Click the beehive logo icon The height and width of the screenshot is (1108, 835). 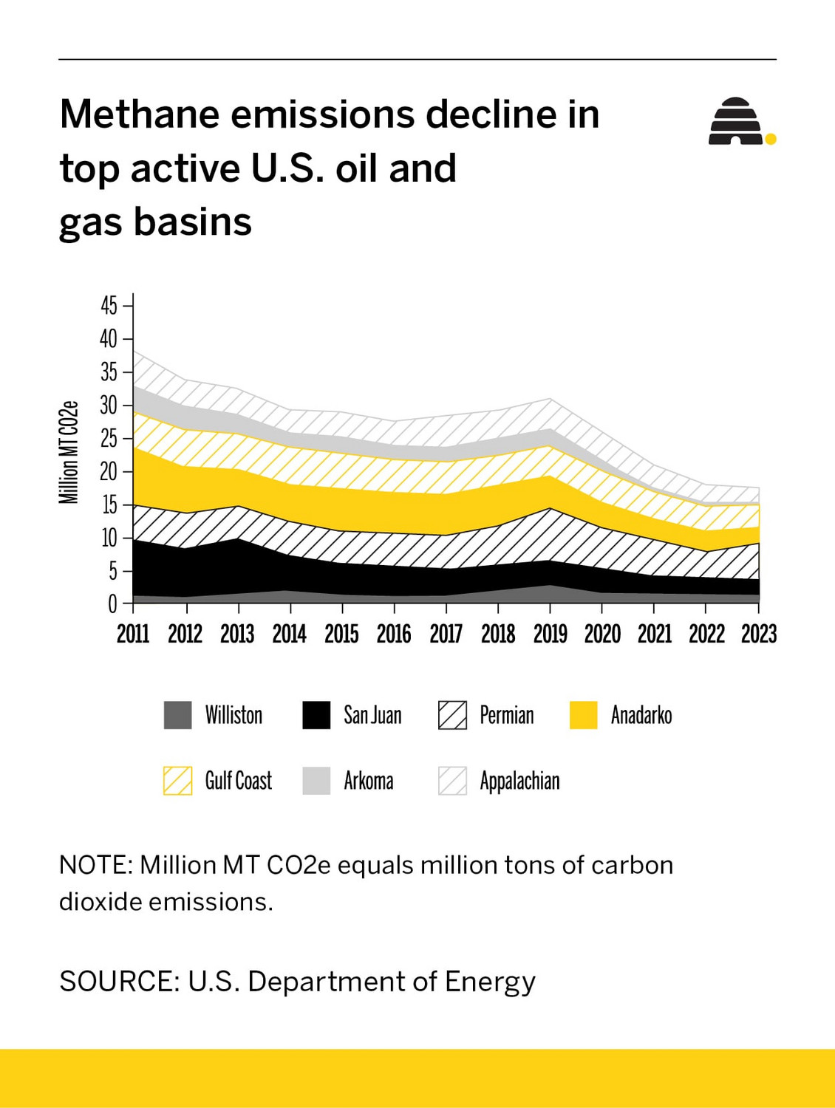click(x=735, y=121)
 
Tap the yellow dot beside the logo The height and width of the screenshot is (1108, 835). click(x=771, y=139)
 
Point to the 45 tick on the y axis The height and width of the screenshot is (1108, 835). click(x=109, y=305)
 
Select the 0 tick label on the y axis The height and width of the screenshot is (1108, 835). click(x=112, y=604)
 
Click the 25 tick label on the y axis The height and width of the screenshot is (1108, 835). click(x=109, y=438)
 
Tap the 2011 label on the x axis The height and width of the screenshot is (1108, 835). click(x=133, y=634)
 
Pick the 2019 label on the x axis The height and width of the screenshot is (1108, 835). click(x=550, y=634)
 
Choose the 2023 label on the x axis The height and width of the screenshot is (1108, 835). click(x=758, y=634)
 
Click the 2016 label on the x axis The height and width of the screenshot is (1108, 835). click(x=394, y=634)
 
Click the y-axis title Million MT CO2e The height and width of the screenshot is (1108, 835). click(x=69, y=452)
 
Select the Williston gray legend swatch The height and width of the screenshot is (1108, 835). click(x=177, y=715)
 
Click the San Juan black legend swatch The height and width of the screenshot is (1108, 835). click(x=316, y=715)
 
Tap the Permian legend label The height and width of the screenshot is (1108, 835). click(x=506, y=715)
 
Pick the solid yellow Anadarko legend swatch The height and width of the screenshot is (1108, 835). click(x=583, y=715)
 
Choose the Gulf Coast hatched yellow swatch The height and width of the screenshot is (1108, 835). click(x=177, y=781)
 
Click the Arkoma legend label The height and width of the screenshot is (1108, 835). click(x=368, y=781)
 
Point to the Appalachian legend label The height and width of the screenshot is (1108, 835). click(x=519, y=781)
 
